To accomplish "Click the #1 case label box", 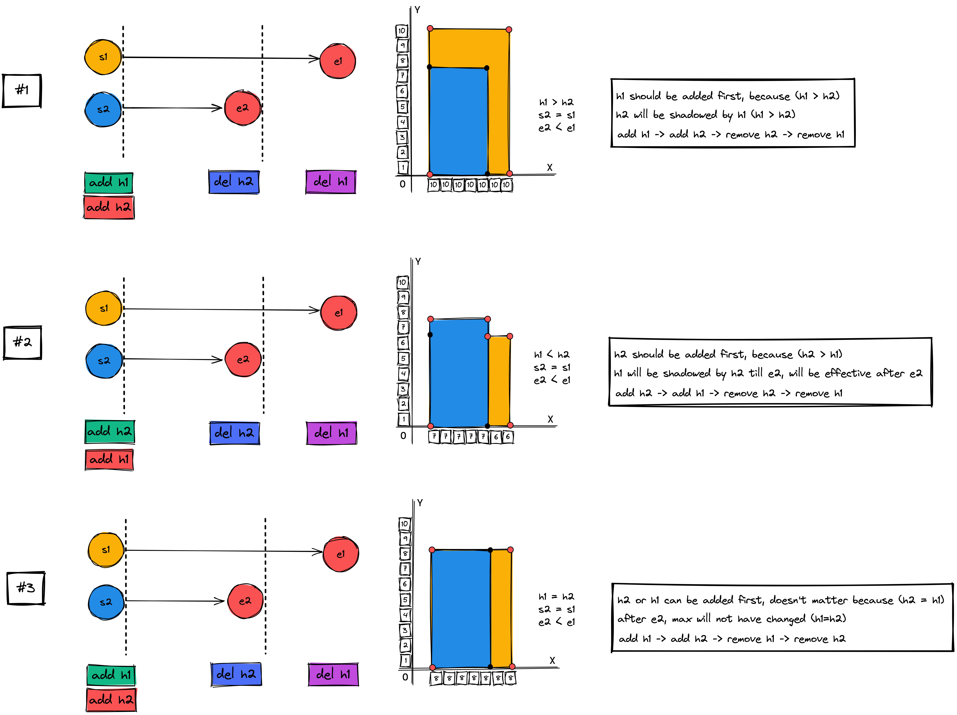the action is [22, 90].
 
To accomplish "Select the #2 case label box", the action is [23, 342].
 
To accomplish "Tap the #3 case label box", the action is [26, 588].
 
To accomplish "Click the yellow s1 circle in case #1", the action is [103, 57].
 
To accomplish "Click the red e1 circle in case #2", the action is [339, 313].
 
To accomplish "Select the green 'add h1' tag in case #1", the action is [109, 182].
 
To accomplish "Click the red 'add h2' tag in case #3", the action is [111, 699].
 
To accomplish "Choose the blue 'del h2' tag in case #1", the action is [234, 181].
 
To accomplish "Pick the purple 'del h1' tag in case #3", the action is [333, 674].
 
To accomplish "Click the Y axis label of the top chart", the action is [417, 10].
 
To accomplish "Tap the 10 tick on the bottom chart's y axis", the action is [404, 524].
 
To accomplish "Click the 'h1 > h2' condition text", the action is [556, 102].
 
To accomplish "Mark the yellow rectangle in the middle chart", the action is [499, 381].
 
